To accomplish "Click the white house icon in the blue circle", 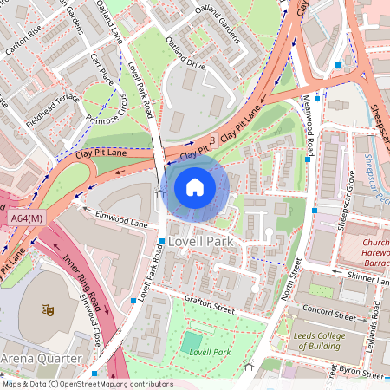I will pyautogui.click(x=195, y=187).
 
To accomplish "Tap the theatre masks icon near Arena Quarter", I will pyautogui.click(x=48, y=308).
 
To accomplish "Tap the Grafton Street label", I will pyautogui.click(x=208, y=304).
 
